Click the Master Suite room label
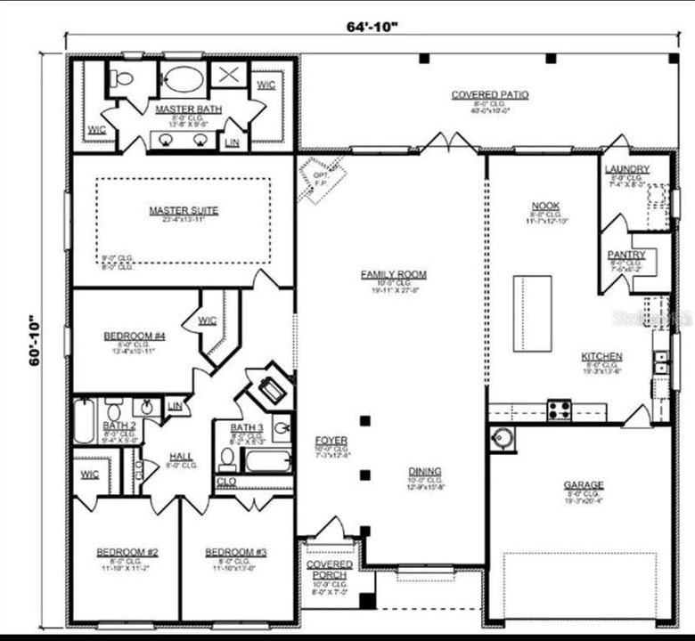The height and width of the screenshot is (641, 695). click(x=184, y=211)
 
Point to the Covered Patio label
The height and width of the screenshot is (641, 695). click(x=489, y=94)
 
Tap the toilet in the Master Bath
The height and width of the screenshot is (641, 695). click(x=123, y=78)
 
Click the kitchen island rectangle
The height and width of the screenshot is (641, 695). click(x=532, y=301)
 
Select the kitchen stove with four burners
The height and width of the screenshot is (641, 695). click(x=560, y=410)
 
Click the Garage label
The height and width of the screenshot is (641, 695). click(x=583, y=485)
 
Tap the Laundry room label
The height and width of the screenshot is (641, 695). click(x=626, y=169)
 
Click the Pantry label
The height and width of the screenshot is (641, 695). click(x=626, y=255)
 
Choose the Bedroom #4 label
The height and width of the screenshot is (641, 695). click(x=129, y=336)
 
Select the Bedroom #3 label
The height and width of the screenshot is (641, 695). click(x=235, y=552)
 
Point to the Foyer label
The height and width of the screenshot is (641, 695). click(x=331, y=441)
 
